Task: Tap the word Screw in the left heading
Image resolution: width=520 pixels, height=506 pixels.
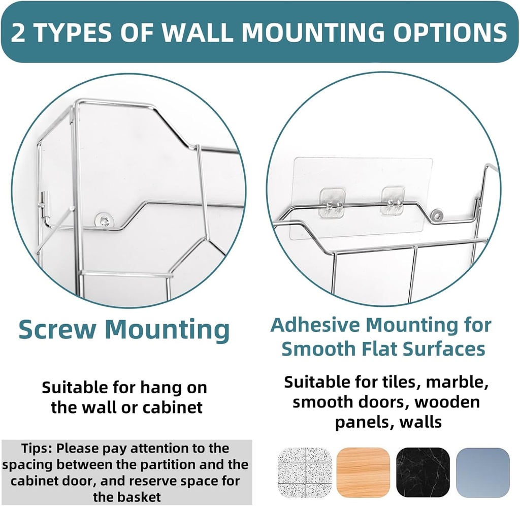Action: tap(56, 330)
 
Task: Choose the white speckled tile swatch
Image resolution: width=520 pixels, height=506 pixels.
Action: tap(305, 472)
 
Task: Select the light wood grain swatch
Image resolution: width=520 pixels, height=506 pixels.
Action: tap(364, 472)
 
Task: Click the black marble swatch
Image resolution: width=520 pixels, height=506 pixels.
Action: tap(423, 472)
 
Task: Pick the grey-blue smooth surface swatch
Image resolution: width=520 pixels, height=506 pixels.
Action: tap(482, 472)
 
